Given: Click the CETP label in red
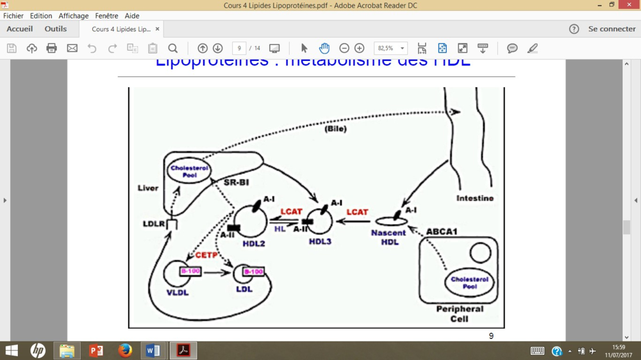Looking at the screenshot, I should [x=207, y=255].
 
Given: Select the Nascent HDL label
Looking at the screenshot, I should [x=388, y=237].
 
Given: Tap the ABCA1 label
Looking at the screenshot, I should [x=442, y=231].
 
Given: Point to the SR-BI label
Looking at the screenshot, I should [x=236, y=183].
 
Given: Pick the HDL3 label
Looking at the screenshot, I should [x=320, y=241].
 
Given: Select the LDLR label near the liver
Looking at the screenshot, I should [x=154, y=224].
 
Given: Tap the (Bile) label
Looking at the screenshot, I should [x=335, y=129].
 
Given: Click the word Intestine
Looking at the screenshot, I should [x=475, y=199].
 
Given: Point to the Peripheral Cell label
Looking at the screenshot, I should [x=460, y=314].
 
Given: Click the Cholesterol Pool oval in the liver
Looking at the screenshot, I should [x=189, y=172].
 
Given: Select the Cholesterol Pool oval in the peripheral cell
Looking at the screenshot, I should [x=469, y=282].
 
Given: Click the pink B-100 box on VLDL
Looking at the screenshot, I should [x=190, y=272].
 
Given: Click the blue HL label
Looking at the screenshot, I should [x=279, y=229].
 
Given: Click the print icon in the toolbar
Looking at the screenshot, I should [x=52, y=48].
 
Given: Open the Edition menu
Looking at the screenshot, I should [x=41, y=16].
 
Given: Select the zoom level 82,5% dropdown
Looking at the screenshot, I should [x=390, y=48].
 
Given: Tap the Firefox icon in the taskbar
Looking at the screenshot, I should [x=125, y=350].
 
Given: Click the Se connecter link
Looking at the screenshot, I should [x=612, y=29].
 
